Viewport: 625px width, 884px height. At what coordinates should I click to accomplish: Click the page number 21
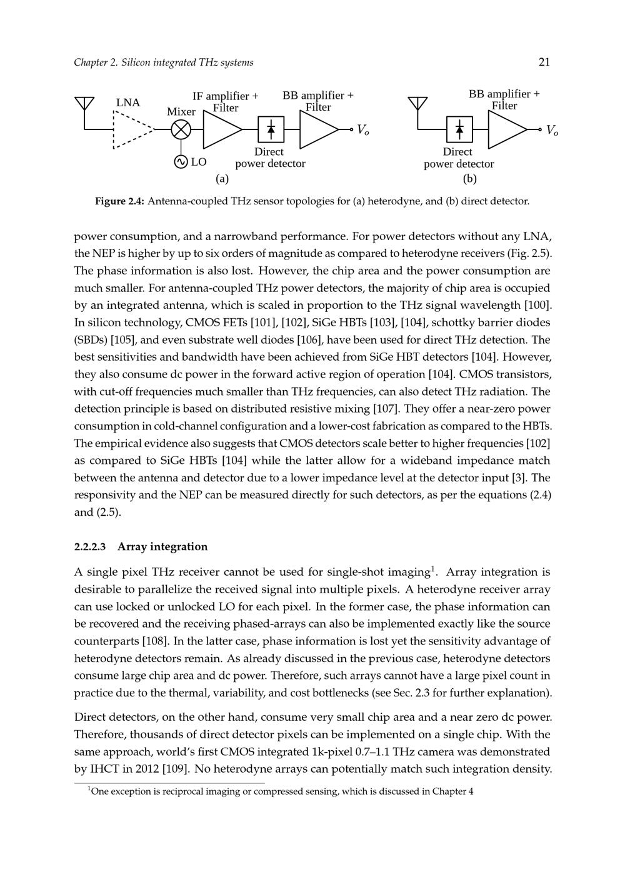544,62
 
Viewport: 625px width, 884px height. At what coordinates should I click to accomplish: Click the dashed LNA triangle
130,130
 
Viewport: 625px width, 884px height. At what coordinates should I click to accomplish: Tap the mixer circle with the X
181,130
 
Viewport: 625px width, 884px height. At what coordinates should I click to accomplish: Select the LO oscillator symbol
181,162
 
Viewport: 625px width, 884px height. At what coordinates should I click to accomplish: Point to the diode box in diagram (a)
271,130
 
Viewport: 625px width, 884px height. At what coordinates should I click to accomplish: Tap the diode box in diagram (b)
459,130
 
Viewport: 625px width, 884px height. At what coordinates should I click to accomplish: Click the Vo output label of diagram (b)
552,130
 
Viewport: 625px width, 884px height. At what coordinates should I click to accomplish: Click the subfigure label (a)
222,179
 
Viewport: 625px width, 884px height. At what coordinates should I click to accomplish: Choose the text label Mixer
181,112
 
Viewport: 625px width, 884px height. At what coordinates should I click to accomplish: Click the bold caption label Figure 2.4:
119,201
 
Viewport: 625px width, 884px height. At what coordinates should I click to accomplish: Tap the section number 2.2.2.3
90,547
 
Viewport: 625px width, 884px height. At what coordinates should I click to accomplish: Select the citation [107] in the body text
383,409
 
